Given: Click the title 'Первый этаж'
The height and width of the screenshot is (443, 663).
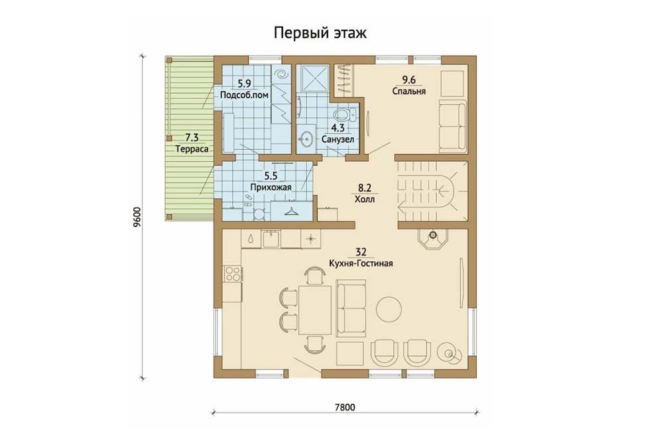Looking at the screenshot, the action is click(x=320, y=32).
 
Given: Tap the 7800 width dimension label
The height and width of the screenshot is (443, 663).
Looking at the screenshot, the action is click(x=345, y=407).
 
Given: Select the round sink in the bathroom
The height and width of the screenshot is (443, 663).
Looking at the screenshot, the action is click(x=306, y=138).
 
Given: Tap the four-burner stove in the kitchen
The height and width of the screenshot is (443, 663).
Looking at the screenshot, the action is click(x=232, y=273).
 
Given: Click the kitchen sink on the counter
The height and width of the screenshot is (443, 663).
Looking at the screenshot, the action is click(x=271, y=239).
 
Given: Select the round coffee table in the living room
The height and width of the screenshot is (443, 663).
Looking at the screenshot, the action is click(x=389, y=309).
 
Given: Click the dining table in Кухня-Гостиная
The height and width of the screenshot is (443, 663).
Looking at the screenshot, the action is click(x=315, y=310).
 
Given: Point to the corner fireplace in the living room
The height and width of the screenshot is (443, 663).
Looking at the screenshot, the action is click(x=433, y=239).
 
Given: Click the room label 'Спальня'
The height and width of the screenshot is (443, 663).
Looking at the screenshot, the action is click(x=409, y=92).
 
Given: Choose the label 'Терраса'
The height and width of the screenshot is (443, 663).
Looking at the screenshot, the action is click(x=192, y=149).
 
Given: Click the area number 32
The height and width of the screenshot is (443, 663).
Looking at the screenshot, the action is click(x=361, y=253).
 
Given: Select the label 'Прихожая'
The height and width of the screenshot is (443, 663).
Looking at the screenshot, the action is click(x=271, y=187).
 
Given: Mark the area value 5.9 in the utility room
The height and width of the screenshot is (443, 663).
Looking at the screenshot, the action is click(x=245, y=84).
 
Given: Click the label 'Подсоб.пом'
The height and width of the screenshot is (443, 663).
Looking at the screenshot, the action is click(x=245, y=95).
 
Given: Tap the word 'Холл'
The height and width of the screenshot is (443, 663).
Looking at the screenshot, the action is click(x=364, y=200).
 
